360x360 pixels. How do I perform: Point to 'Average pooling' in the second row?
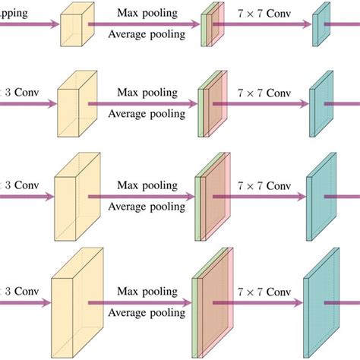point(147,115)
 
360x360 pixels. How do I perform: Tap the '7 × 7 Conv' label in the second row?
point(262,92)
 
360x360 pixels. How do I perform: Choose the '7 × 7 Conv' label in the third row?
point(262,185)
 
